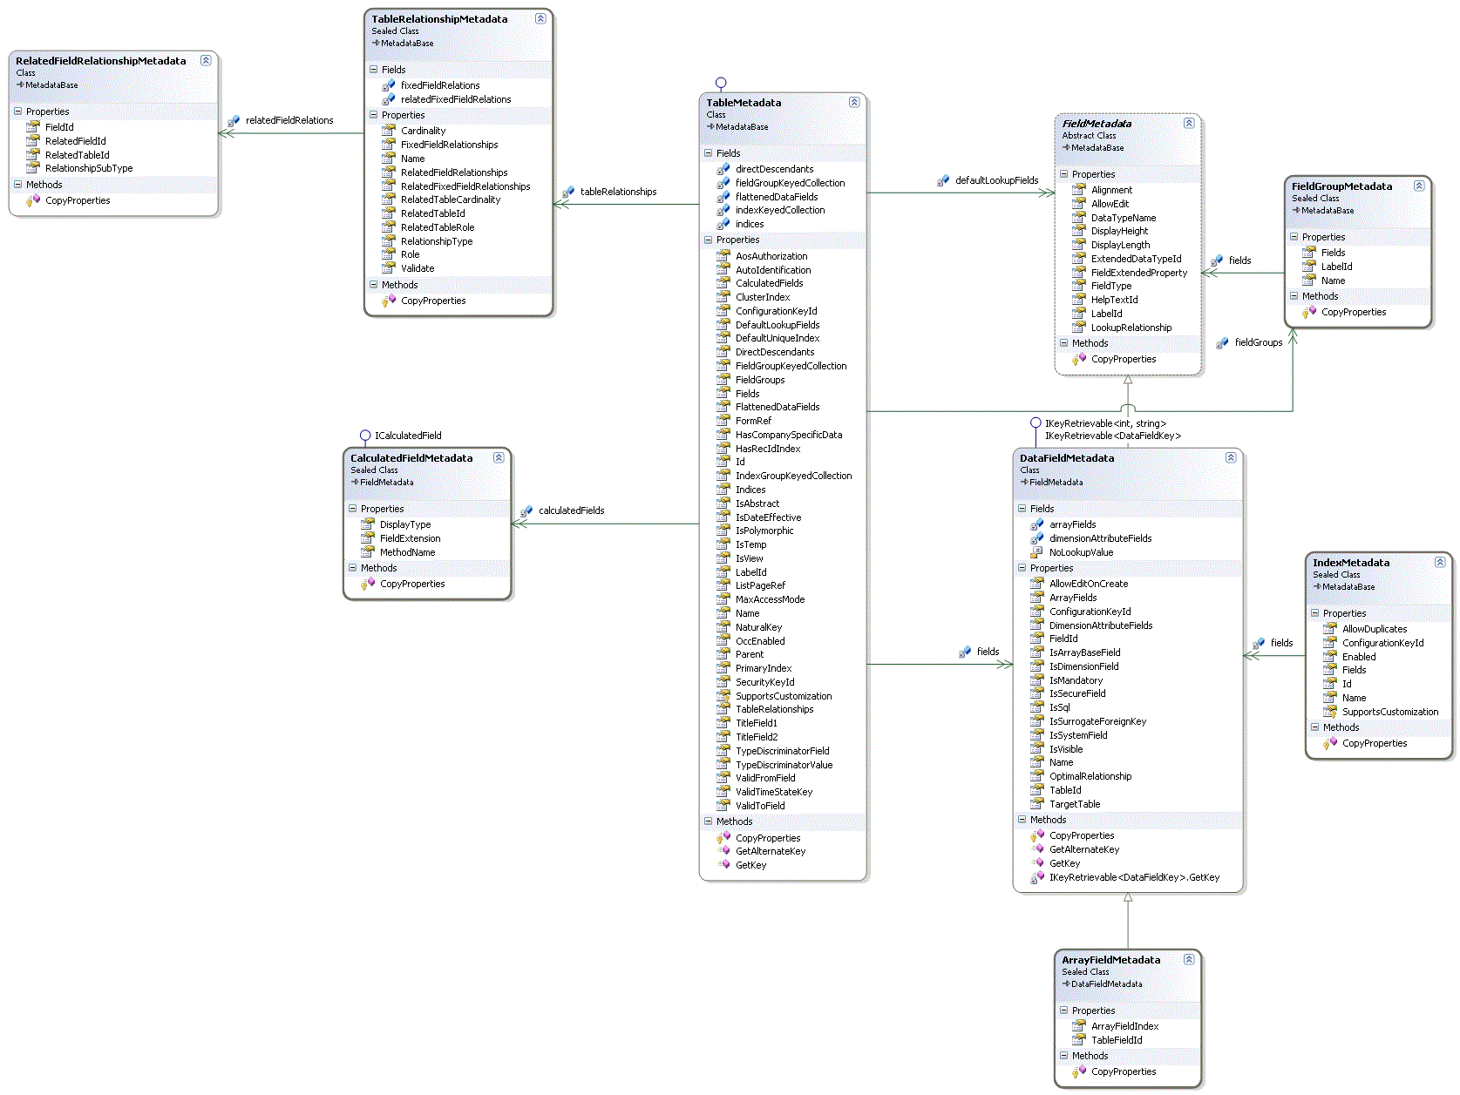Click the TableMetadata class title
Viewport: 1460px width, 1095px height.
pyautogui.click(x=744, y=103)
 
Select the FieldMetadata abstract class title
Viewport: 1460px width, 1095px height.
pyautogui.click(x=1097, y=124)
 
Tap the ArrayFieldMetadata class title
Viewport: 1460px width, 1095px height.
pyautogui.click(x=1110, y=960)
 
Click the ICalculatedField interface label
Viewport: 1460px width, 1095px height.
pyautogui.click(x=408, y=436)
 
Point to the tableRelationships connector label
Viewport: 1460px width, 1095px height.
pyautogui.click(x=618, y=192)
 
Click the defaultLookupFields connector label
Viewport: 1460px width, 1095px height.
pyautogui.click(x=996, y=180)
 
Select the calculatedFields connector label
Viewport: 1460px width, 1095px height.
pyautogui.click(x=571, y=510)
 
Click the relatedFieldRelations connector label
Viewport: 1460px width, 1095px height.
pyautogui.click(x=289, y=120)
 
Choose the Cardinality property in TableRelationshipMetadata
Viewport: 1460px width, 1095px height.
pyautogui.click(x=423, y=131)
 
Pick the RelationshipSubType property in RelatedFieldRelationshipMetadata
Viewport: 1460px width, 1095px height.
pyautogui.click(x=89, y=168)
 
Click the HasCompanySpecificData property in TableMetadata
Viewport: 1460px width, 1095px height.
pyautogui.click(x=788, y=435)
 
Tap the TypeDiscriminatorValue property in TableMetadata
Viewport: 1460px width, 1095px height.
pyautogui.click(x=784, y=765)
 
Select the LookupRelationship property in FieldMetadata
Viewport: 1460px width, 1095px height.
pyautogui.click(x=1131, y=328)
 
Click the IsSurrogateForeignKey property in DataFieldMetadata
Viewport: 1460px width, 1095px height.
pyautogui.click(x=1097, y=721)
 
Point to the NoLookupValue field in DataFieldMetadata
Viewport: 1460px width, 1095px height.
pyautogui.click(x=1081, y=552)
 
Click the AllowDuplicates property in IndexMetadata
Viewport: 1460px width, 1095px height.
pyautogui.click(x=1374, y=629)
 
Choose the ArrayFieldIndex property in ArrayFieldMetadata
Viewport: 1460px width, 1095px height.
pyautogui.click(x=1124, y=1026)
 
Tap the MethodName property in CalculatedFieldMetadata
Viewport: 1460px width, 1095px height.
pyautogui.click(x=407, y=552)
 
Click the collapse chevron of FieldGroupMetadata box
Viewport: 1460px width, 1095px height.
pyautogui.click(x=1419, y=186)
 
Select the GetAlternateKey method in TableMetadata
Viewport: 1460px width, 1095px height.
pyautogui.click(x=770, y=851)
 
